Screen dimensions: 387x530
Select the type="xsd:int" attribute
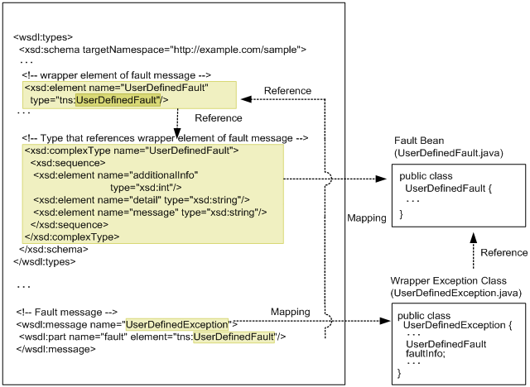[142, 188]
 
